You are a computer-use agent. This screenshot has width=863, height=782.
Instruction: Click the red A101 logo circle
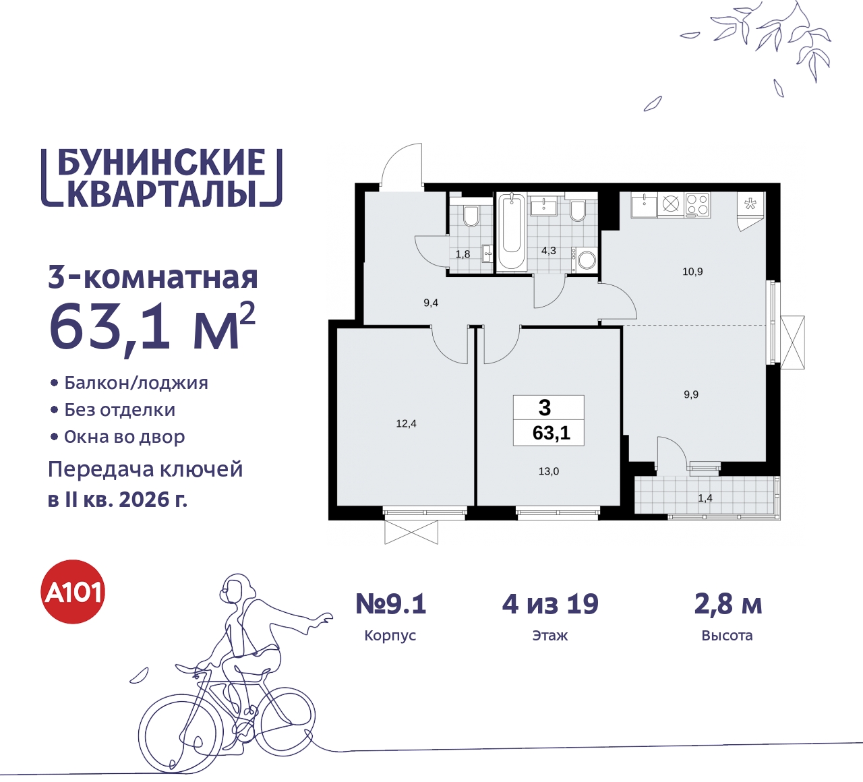73,592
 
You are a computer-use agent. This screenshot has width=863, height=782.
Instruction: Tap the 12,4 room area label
406,423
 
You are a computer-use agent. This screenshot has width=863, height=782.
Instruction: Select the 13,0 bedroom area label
548,471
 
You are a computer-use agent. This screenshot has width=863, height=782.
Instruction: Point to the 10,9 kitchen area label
692,272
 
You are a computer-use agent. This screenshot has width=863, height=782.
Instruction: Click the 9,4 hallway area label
431,303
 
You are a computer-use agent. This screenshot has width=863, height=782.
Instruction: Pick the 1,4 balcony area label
705,498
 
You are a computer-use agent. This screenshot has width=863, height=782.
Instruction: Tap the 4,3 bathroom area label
549,250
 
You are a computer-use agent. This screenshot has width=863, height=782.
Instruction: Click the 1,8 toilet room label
463,254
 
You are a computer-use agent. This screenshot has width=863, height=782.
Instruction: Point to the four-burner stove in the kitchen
697,204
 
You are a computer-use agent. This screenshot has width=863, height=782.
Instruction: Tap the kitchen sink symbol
644,204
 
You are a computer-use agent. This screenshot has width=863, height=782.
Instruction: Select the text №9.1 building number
391,604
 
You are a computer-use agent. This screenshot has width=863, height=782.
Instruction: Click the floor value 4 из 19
550,604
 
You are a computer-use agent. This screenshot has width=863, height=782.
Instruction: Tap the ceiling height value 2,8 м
727,604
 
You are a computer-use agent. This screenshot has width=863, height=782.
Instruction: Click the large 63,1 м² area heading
152,326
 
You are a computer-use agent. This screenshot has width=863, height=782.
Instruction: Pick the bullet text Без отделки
119,410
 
